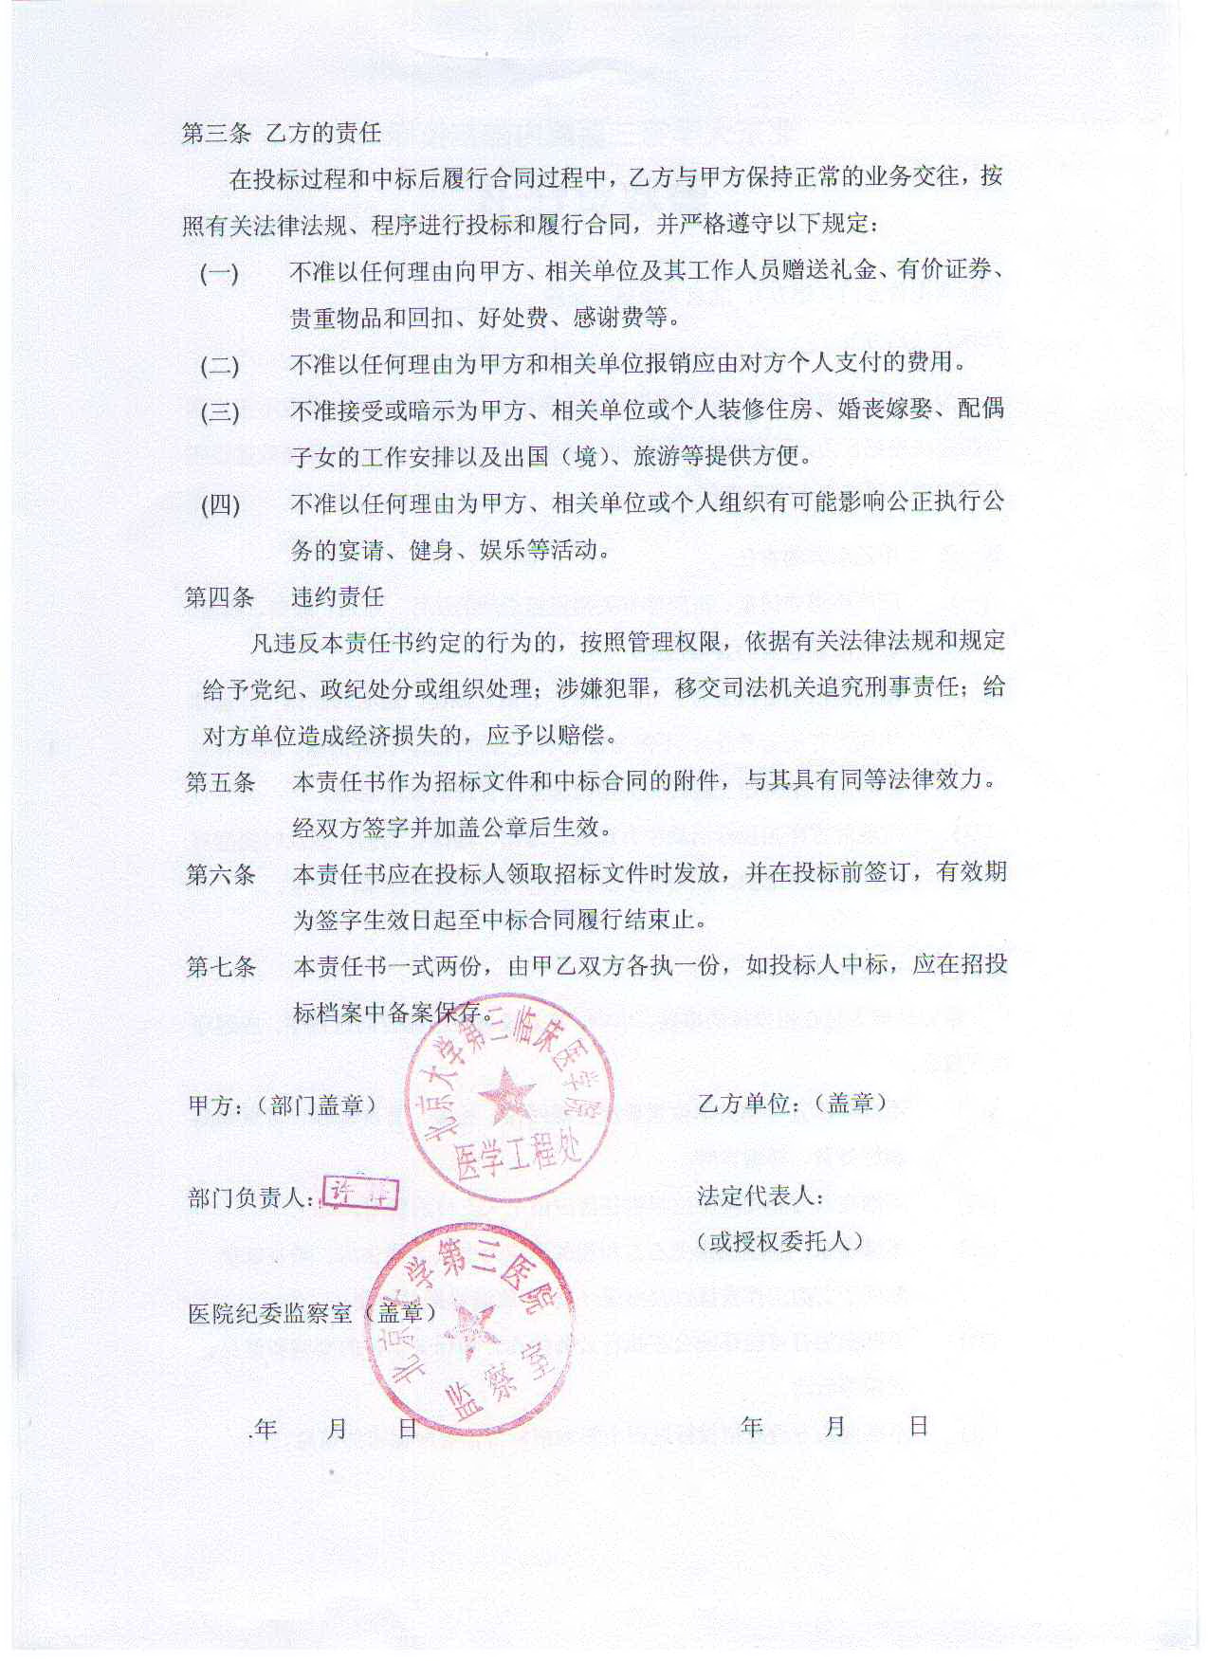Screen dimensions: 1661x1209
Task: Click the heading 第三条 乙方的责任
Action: [x=282, y=133]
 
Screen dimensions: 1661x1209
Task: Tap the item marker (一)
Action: [x=219, y=274]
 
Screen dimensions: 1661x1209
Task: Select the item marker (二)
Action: [x=219, y=366]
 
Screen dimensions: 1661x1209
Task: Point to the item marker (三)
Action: [x=219, y=412]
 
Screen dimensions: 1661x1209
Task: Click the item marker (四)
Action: [x=220, y=504]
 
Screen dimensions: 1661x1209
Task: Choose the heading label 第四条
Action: [x=219, y=597]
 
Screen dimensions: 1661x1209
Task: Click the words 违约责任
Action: [x=338, y=597]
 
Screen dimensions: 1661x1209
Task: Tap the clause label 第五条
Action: [x=220, y=782]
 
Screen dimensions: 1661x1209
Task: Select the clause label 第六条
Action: [x=220, y=874]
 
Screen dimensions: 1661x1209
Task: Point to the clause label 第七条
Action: [x=221, y=967]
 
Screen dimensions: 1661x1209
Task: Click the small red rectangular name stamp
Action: [x=360, y=1194]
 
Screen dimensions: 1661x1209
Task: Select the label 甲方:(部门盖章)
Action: [x=283, y=1105]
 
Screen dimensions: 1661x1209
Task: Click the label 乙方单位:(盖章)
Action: [x=792, y=1103]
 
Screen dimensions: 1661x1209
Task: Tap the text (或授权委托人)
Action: [x=779, y=1242]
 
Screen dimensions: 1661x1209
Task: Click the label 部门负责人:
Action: [x=251, y=1198]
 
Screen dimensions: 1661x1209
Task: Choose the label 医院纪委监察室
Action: [x=270, y=1313]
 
